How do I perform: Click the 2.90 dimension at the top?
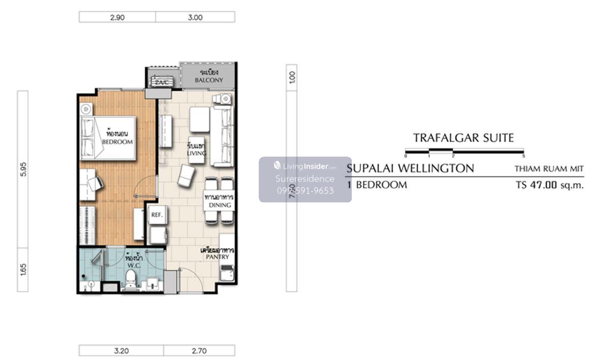117,17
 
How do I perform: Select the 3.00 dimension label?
195,17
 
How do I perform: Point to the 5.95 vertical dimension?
22,169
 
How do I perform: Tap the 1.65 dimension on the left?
22,269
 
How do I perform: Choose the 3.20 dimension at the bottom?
121,350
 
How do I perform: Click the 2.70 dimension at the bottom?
199,350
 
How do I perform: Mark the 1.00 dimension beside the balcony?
291,77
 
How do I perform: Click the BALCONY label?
209,80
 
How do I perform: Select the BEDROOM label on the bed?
117,142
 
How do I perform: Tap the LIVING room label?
196,153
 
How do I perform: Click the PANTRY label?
217,257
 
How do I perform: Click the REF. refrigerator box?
156,215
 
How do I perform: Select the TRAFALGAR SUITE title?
463,138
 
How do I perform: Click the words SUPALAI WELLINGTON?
410,168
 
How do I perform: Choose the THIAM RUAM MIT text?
548,169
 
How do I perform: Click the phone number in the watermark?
305,191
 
